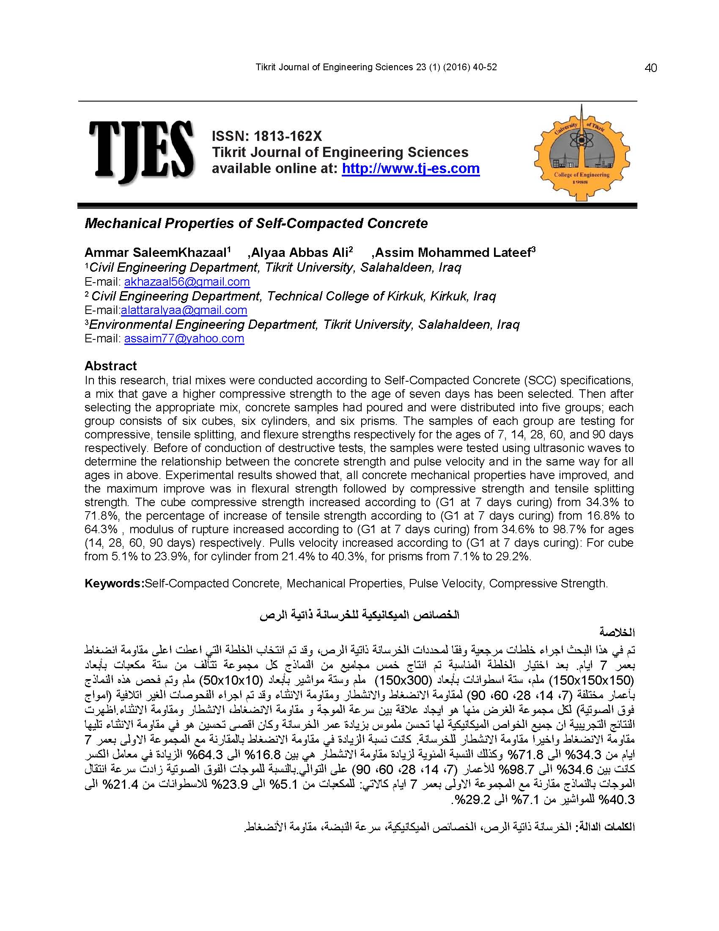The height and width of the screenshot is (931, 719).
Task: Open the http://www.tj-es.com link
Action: (411, 168)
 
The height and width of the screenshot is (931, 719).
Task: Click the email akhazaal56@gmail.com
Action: (187, 282)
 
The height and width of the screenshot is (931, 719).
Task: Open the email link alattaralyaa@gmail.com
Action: (184, 310)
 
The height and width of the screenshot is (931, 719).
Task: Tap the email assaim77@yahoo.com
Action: (184, 339)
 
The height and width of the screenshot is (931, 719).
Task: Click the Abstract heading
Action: (110, 366)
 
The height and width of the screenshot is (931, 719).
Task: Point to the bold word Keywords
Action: (113, 583)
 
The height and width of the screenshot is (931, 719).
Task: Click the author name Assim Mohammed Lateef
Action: (455, 253)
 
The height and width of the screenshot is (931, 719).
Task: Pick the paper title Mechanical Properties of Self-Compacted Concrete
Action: (256, 223)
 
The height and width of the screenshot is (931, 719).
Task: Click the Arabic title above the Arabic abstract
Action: (359, 615)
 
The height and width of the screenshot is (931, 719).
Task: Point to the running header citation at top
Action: (376, 67)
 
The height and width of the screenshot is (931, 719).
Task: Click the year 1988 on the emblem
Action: (582, 182)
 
